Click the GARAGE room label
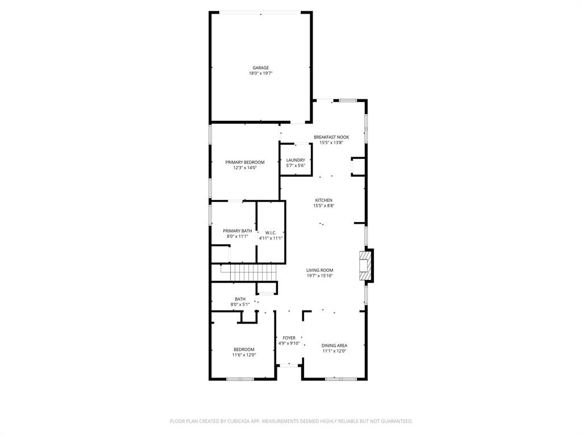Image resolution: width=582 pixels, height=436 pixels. (x=261, y=68)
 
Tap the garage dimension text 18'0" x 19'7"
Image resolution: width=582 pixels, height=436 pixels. (x=261, y=74)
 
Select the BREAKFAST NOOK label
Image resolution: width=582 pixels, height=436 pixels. (x=331, y=137)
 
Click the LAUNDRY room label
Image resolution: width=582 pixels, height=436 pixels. (x=296, y=160)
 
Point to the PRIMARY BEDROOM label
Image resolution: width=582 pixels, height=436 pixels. (x=244, y=162)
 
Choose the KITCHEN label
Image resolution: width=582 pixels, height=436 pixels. (x=323, y=200)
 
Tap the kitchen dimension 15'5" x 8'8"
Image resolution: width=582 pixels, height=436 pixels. (x=323, y=206)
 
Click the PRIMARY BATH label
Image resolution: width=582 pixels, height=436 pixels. (x=237, y=231)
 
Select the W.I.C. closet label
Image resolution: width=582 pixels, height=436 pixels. (x=271, y=233)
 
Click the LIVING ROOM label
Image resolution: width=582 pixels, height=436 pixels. (x=319, y=271)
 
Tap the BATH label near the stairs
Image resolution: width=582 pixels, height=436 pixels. (x=240, y=299)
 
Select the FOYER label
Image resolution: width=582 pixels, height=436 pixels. (x=289, y=338)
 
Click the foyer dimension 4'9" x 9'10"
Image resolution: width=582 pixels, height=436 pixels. (x=289, y=343)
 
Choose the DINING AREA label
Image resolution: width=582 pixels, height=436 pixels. (x=334, y=345)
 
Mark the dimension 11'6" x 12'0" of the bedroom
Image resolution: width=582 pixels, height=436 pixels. (x=244, y=355)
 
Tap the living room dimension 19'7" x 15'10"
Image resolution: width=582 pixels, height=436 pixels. (x=319, y=276)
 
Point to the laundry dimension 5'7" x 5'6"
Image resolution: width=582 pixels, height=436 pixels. (x=296, y=166)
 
